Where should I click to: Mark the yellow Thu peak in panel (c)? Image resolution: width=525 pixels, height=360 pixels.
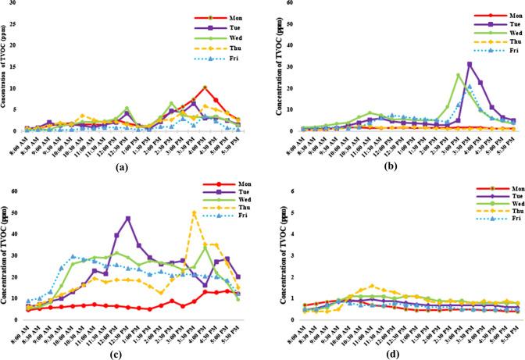pyautogui.click(x=194, y=212)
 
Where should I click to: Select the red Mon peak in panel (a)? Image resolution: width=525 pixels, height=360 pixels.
pyautogui.click(x=205, y=87)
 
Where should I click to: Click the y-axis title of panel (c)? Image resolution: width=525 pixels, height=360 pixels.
pyautogui.click(x=7, y=261)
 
